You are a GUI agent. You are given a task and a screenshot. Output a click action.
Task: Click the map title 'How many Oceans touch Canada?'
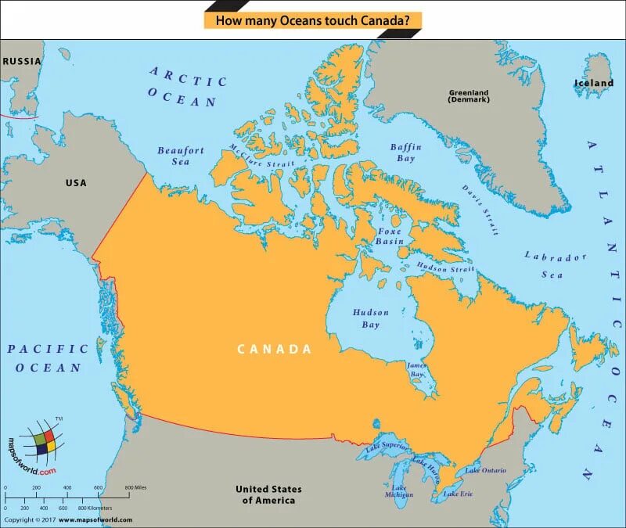click(312, 20)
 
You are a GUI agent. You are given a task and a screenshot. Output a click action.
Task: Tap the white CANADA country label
click(275, 349)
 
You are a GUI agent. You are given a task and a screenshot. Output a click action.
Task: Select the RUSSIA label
click(21, 61)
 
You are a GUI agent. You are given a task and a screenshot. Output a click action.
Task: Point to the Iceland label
click(594, 83)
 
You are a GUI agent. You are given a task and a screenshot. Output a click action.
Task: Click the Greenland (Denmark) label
click(469, 96)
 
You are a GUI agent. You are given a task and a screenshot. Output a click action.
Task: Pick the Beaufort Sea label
click(181, 156)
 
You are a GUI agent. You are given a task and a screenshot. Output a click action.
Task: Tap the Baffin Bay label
click(406, 153)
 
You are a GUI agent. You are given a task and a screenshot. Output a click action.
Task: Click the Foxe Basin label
click(390, 236)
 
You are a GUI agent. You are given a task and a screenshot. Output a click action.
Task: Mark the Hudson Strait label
click(445, 268)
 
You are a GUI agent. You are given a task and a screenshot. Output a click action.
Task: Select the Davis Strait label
click(479, 210)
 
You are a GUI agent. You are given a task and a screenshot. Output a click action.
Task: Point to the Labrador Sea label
click(554, 265)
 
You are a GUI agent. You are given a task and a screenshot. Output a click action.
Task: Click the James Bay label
click(417, 370)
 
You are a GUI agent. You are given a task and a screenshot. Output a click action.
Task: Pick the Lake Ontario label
click(485, 470)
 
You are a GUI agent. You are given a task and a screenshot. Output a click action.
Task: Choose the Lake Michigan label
click(399, 490)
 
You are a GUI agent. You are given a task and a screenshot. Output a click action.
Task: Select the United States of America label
click(268, 494)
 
